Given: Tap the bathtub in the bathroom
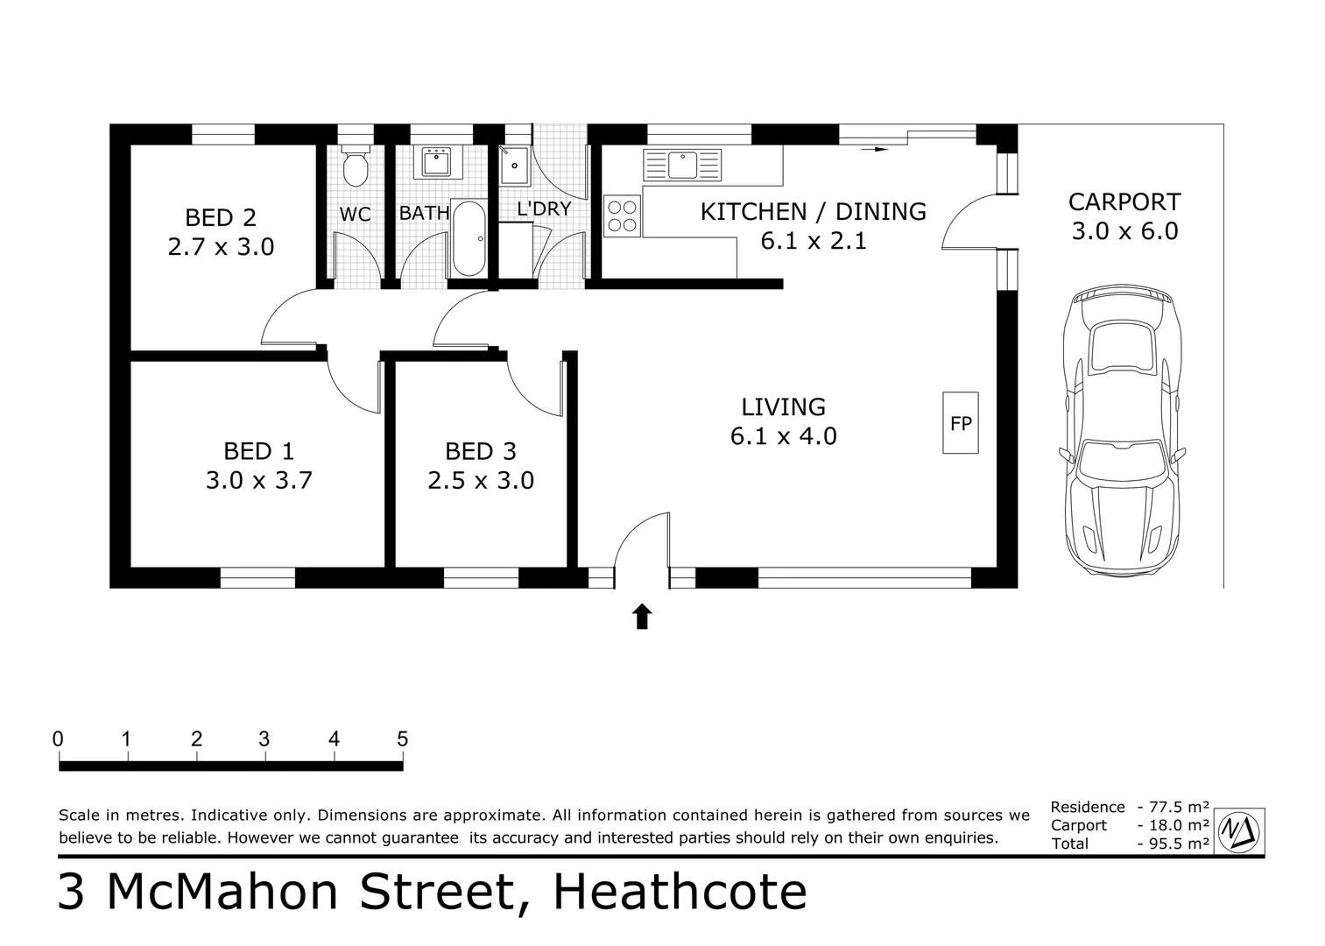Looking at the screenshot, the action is point(469,238).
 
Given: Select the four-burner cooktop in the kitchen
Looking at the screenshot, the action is point(623,216).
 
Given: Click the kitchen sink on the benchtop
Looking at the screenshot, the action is point(682,165).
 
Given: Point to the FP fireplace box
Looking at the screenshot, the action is point(961,423).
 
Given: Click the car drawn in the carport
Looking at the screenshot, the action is point(1122,431).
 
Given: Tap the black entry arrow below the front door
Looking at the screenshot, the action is point(643,617).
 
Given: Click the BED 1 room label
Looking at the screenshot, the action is point(259,451).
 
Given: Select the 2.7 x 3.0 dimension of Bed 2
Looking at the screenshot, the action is point(222,247).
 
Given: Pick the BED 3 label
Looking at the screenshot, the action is point(481,451).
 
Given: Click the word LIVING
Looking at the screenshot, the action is point(784,407).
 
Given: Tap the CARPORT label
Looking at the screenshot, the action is point(1124,202).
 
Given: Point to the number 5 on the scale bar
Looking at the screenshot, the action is point(403,739).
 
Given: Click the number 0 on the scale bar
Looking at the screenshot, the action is point(58,739).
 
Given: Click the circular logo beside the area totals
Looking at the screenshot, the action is point(1239,832).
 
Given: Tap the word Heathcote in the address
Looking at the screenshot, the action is point(680,893).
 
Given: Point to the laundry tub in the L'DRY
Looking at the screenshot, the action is point(515,165).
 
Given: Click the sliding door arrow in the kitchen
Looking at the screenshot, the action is point(875,149).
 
